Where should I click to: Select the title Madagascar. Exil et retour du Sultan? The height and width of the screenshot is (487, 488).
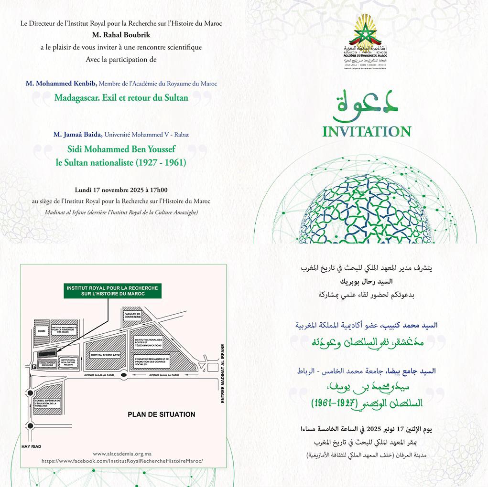121,98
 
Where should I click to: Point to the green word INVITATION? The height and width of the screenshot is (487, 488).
367,131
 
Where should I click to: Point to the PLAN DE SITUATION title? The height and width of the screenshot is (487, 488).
161,414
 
